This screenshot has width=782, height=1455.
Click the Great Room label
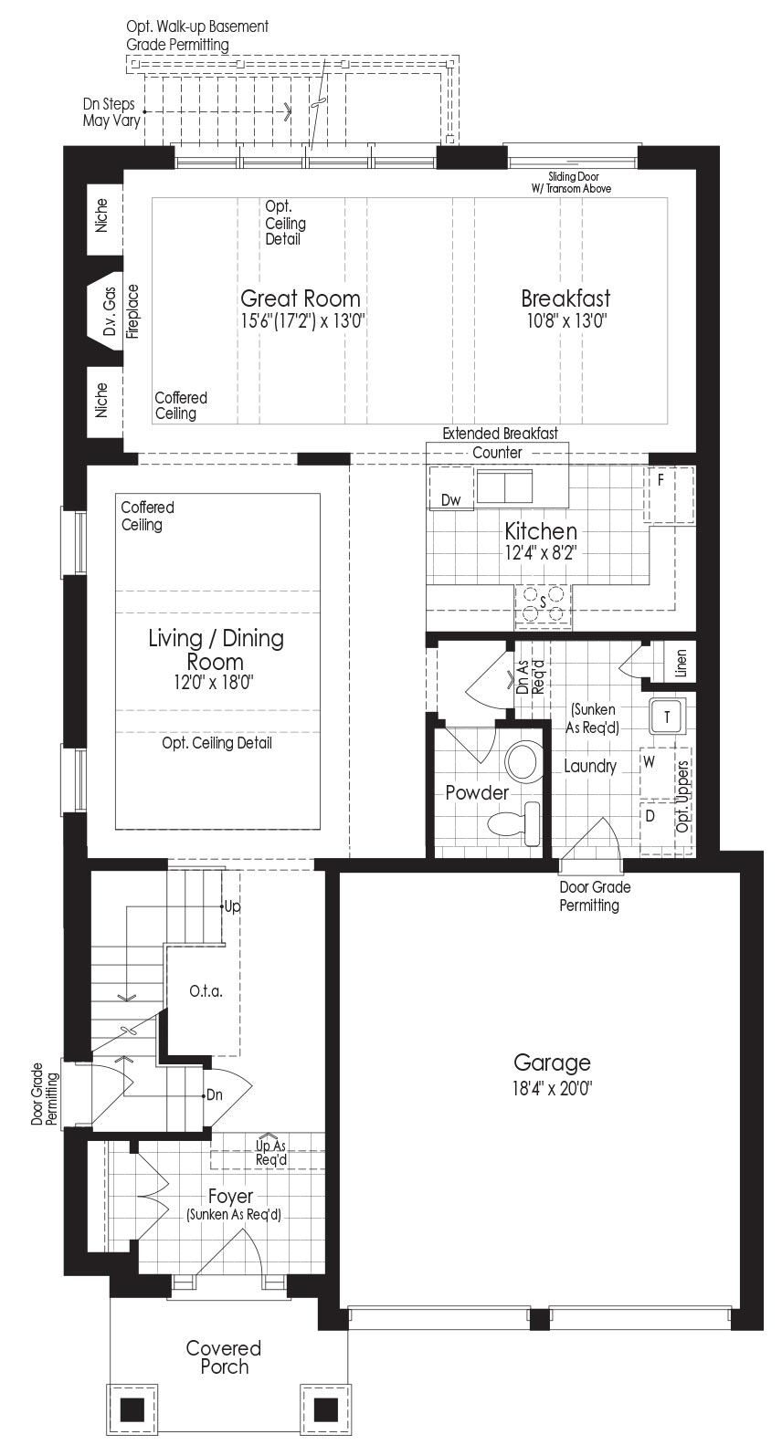coord(301,298)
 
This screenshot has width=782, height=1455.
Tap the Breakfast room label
coord(565,298)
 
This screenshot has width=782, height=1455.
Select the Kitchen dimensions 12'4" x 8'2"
coord(541,553)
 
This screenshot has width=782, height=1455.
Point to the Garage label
coord(552,1062)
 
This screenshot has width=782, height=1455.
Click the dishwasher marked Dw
coord(451,499)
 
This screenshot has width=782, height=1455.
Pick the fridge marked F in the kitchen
coord(668,495)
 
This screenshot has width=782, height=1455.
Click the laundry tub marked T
coord(667,717)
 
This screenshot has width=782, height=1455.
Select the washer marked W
coord(658,773)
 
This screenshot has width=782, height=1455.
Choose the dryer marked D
coord(658,828)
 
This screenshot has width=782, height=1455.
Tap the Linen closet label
coord(681,663)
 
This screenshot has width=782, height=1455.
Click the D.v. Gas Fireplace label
coord(121,312)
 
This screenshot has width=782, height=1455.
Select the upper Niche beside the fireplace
coord(101,215)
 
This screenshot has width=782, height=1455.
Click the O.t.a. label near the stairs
coord(206,992)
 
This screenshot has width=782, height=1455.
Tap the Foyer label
coord(231,1196)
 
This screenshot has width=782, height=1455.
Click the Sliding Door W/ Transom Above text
coord(571,183)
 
